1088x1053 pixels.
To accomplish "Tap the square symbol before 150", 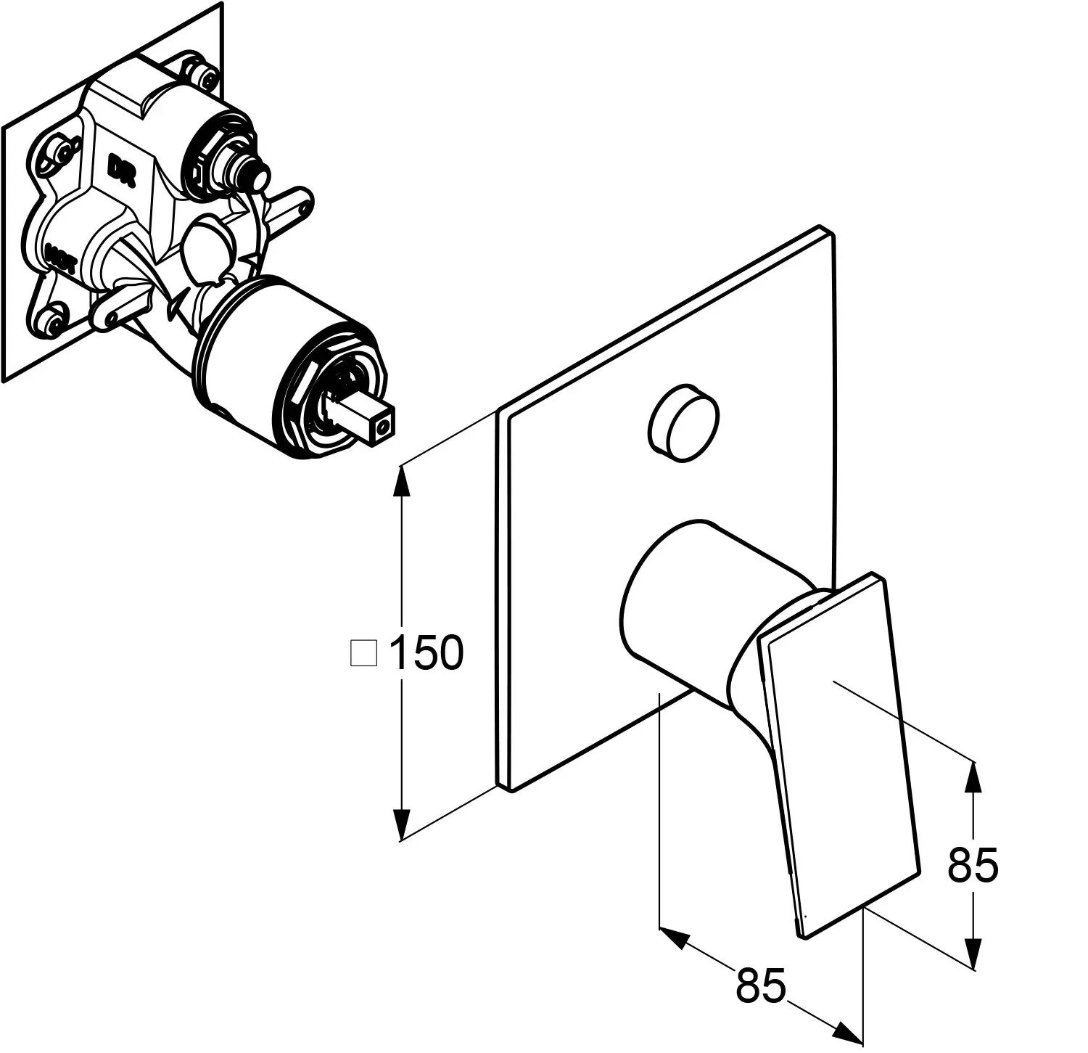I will [x=363, y=652].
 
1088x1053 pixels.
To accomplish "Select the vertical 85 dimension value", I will [x=973, y=864].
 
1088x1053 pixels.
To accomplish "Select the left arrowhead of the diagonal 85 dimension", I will [x=672, y=936].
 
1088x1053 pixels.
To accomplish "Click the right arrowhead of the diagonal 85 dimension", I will [x=850, y=1031].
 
